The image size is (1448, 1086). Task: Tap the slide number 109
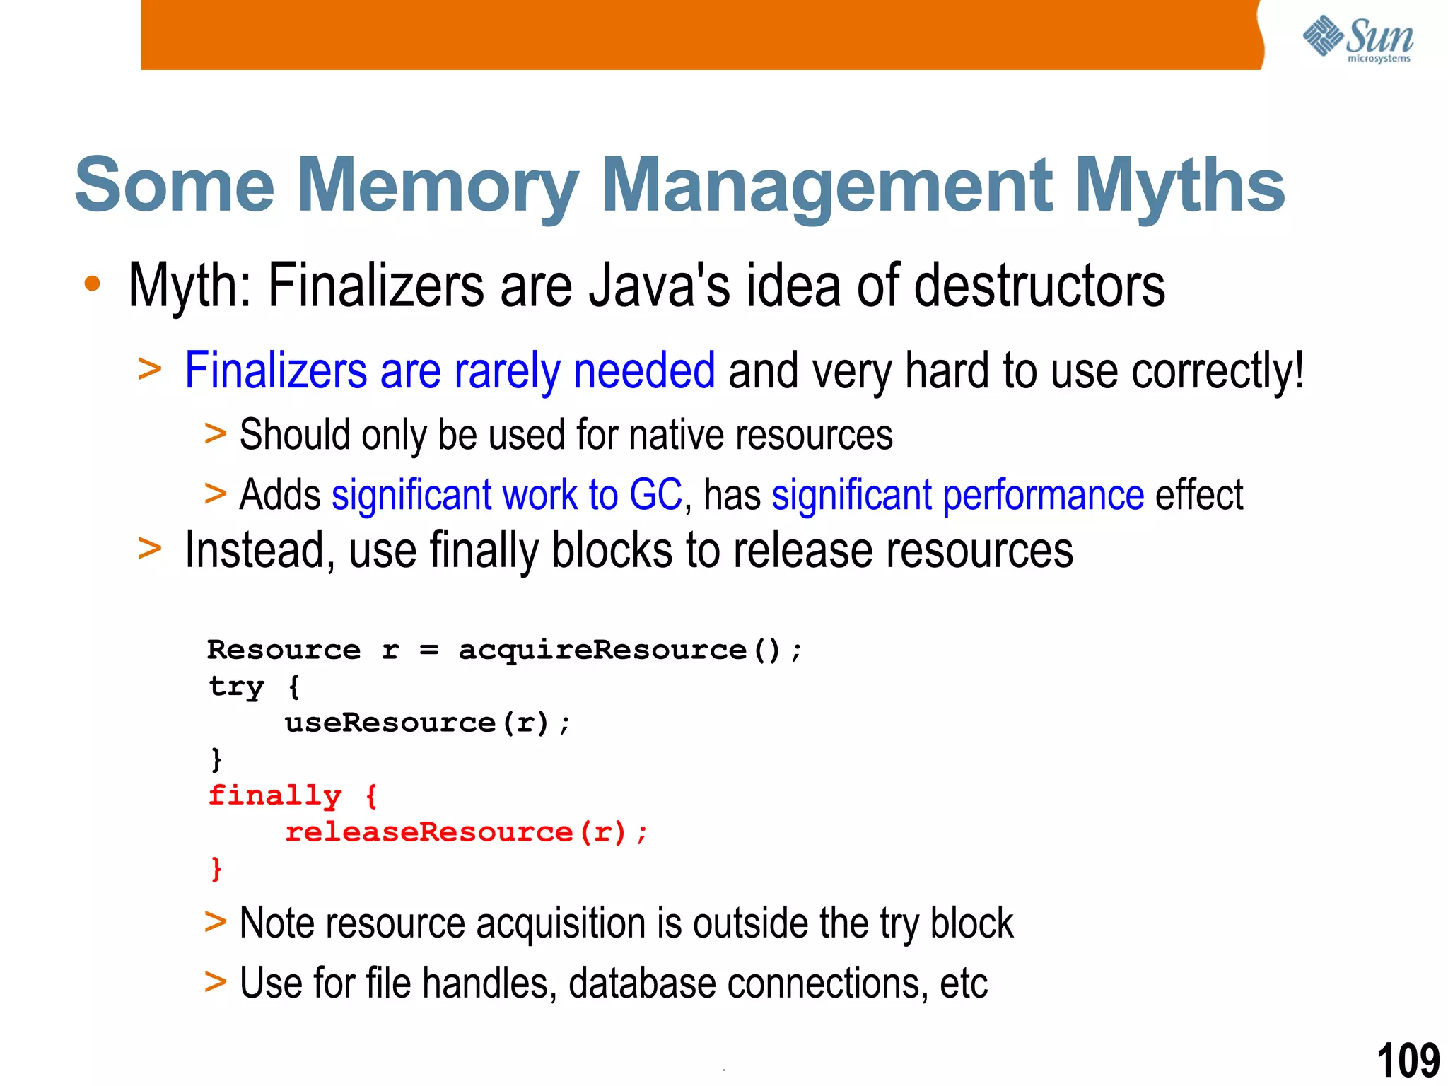click(1408, 1060)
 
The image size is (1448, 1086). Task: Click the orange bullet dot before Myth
click(92, 284)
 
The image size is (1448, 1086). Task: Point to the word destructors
click(1039, 286)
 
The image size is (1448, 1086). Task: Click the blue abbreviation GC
click(655, 494)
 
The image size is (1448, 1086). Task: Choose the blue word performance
click(1044, 495)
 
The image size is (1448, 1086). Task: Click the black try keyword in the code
click(236, 687)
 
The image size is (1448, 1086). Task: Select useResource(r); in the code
click(427, 723)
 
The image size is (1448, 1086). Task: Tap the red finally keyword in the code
click(275, 796)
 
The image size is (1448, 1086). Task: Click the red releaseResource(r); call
click(465, 832)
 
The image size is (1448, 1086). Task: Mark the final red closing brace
click(216, 868)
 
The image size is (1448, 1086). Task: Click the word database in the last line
click(642, 983)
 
